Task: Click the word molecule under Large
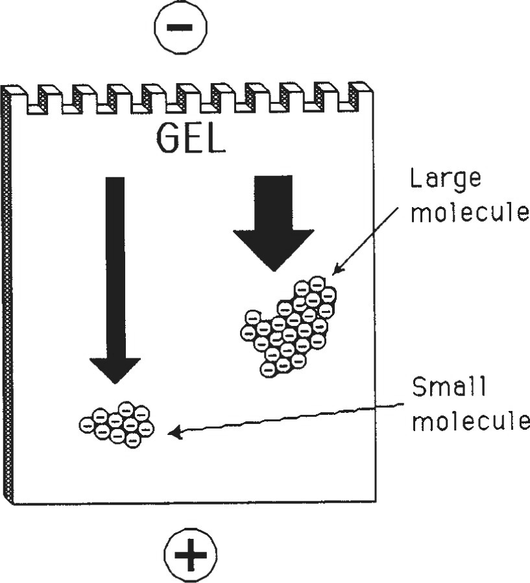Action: point(470,212)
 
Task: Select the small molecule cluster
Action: point(117,425)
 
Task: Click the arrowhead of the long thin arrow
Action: point(115,370)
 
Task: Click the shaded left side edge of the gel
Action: point(6,292)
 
